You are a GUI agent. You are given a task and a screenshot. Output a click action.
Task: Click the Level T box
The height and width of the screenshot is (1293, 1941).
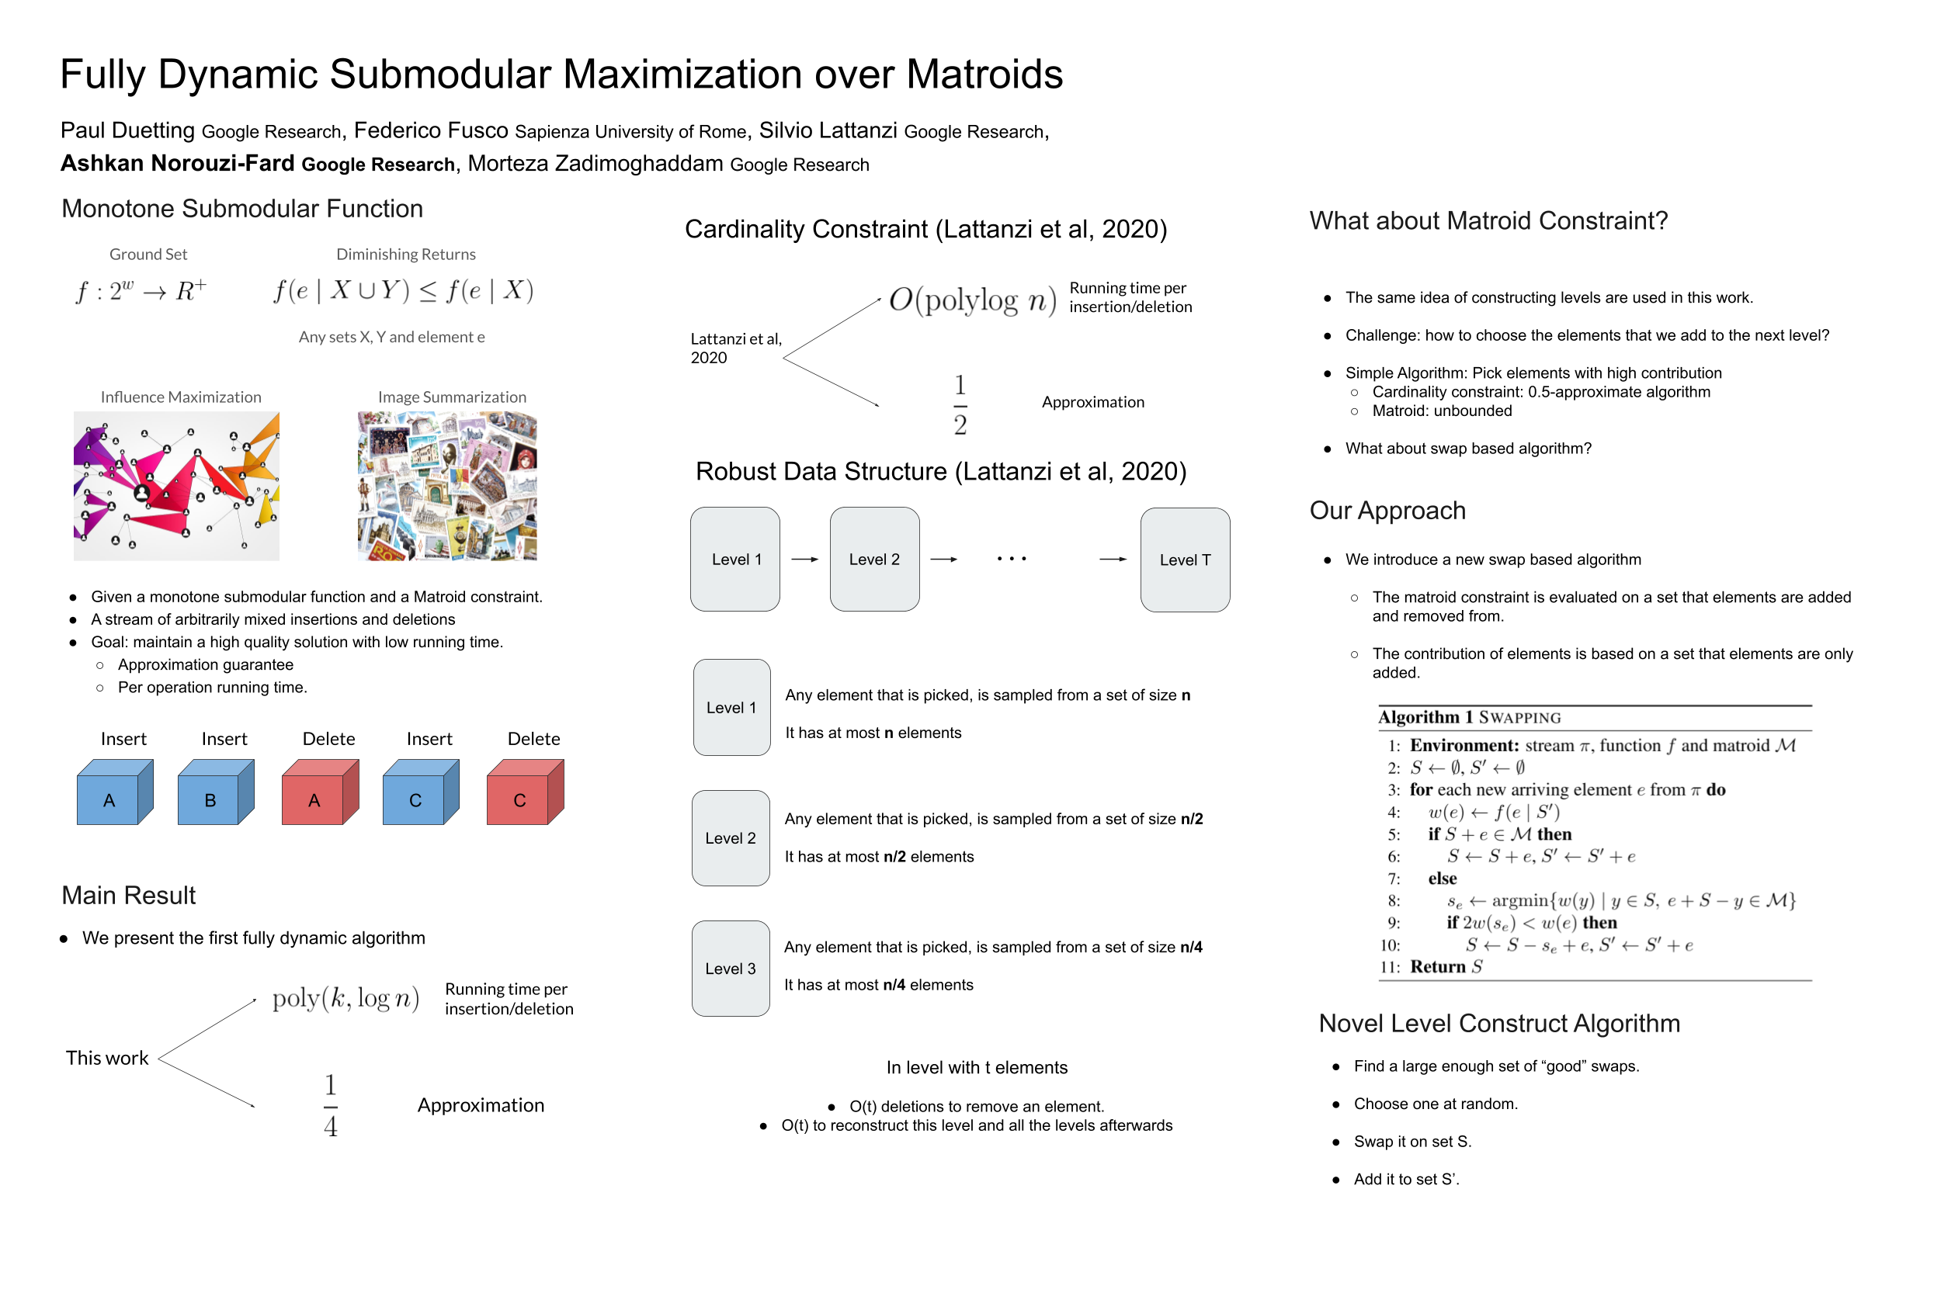pos(1185,560)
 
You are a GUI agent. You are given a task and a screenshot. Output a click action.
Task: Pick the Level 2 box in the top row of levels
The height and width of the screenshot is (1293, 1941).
pos(873,559)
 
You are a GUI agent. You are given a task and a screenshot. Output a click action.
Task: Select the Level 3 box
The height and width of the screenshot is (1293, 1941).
pos(730,968)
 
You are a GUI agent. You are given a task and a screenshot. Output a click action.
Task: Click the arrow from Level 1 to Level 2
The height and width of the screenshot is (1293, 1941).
pos(804,559)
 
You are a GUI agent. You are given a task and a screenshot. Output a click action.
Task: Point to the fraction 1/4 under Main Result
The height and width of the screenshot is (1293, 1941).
pos(330,1105)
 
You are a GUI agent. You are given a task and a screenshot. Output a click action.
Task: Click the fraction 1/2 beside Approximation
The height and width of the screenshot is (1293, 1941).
pos(960,404)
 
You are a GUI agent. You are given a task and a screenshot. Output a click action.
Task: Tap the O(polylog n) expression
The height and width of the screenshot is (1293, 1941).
pos(972,300)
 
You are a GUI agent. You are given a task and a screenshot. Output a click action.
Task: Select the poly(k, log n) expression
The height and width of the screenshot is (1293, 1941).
pos(345,999)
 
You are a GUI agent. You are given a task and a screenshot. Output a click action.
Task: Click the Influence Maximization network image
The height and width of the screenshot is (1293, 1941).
pos(175,487)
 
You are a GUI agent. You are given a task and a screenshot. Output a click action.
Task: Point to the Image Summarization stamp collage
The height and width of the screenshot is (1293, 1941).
pos(447,487)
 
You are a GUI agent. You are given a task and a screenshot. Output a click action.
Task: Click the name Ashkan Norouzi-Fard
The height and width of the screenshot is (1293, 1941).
pos(177,163)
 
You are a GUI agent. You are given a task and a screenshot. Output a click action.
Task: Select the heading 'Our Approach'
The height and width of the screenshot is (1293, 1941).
pos(1387,511)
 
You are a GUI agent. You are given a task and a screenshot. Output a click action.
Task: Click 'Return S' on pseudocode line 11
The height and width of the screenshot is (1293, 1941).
pos(1445,966)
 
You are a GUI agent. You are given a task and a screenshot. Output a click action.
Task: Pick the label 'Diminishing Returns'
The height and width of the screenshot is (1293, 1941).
pos(406,254)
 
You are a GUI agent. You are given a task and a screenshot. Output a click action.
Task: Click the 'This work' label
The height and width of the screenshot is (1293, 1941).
pos(107,1058)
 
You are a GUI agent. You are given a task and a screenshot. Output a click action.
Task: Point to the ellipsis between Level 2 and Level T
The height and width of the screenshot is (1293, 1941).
pos(1012,559)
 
